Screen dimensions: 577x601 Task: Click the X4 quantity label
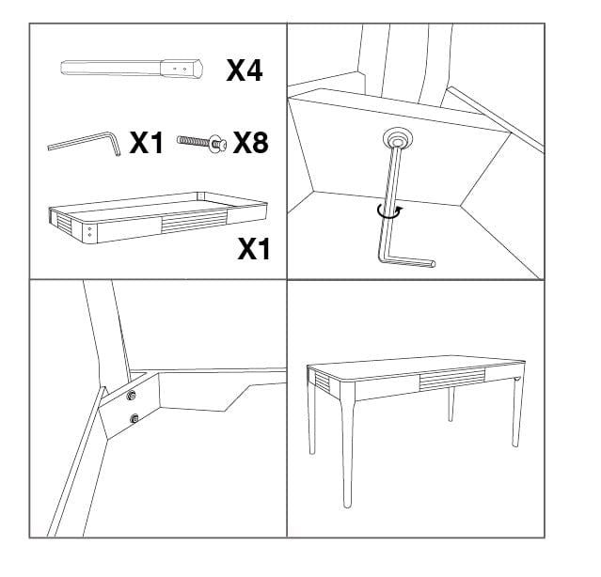tap(244, 70)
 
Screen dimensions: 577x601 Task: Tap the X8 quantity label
tap(250, 143)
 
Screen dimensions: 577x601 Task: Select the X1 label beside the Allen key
tap(147, 143)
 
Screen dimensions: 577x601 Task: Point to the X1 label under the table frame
tap(253, 249)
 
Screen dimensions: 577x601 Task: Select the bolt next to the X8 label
tap(200, 143)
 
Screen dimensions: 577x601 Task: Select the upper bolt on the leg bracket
tap(131, 395)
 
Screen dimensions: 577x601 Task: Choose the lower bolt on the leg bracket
tap(134, 418)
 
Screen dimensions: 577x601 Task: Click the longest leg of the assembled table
tap(347, 451)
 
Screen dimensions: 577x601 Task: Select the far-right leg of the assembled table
tap(514, 413)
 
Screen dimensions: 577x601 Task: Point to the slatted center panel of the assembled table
tap(452, 379)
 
